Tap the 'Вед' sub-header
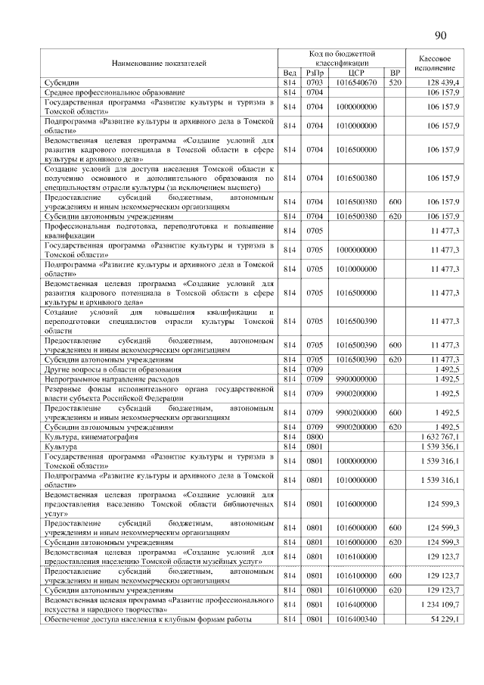click(288, 73)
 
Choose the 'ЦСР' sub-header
click(355, 73)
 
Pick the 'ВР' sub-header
click(394, 73)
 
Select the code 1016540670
click(355, 82)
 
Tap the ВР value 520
click(394, 82)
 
